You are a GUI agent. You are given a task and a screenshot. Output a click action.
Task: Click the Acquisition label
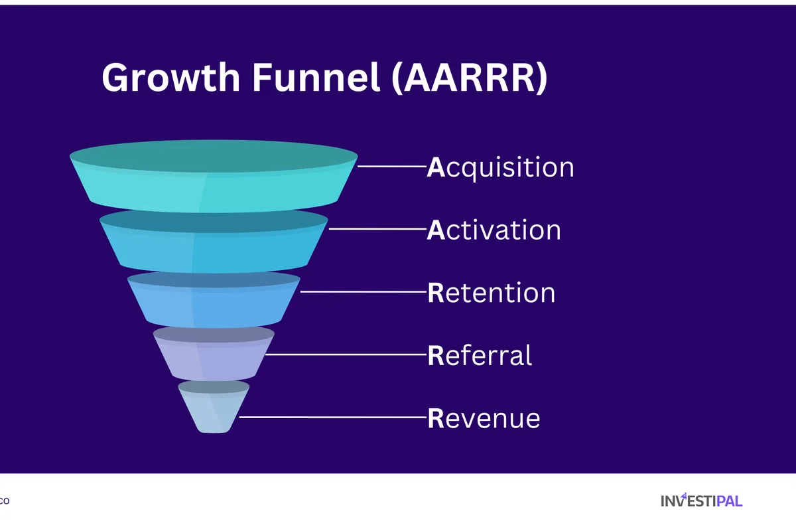pos(501,167)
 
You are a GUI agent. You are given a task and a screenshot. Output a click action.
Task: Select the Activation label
pos(494,230)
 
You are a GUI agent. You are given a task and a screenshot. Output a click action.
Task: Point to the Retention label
pos(492,293)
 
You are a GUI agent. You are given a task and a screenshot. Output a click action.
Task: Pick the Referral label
pos(480,356)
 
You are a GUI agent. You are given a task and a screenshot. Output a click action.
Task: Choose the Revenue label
pos(484,418)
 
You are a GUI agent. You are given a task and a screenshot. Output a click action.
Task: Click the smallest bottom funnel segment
pos(214,412)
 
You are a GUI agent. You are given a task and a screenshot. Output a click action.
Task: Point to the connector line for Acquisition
pos(391,166)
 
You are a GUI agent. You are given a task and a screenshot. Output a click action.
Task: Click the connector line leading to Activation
pos(377,228)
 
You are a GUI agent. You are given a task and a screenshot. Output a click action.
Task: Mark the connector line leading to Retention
pos(363,291)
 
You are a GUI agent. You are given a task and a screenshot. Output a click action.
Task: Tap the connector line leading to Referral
pos(346,354)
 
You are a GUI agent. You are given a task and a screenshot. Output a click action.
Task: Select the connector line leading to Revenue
pos(332,417)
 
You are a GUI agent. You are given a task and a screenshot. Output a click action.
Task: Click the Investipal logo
pos(701,500)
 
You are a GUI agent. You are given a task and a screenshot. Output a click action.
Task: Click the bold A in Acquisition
pos(435,167)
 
